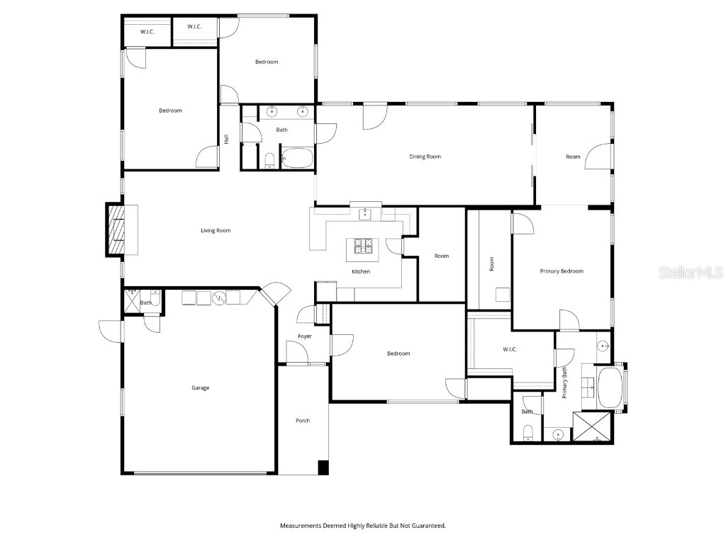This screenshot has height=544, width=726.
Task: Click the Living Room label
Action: (216, 230)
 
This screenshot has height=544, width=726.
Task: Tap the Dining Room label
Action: (425, 157)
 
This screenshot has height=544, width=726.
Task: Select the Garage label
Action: (201, 387)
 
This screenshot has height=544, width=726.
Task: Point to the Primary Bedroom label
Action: (562, 271)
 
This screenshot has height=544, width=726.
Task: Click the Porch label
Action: (303, 421)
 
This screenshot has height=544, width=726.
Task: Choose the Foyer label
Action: (305, 336)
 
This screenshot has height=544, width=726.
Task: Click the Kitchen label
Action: (361, 271)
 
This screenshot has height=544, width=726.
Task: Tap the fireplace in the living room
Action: (116, 230)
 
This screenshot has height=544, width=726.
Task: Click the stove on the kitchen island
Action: (362, 246)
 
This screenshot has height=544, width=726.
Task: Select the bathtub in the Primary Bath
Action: (610, 387)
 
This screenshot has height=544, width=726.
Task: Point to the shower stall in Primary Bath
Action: (592, 426)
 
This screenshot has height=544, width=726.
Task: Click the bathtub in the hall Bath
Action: (297, 158)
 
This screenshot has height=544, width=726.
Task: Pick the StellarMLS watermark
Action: (691, 272)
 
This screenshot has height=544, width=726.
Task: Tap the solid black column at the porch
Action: (323, 467)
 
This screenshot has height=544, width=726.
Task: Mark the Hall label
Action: (226, 139)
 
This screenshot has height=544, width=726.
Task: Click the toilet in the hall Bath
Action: (269, 161)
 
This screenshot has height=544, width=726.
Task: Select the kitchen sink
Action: (365, 214)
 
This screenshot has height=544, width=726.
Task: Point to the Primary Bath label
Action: (564, 382)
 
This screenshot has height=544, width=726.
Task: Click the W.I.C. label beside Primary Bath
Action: (510, 349)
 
